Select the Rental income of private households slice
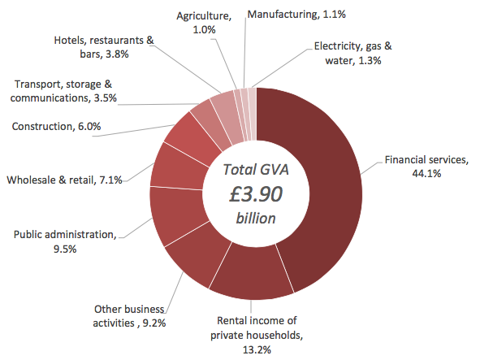pyautogui.click(x=252, y=273)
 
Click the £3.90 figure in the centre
pyautogui.click(x=256, y=194)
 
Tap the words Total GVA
pyautogui.click(x=256, y=169)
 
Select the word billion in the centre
pyautogui.click(x=256, y=219)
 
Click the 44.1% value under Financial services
pyautogui.click(x=426, y=174)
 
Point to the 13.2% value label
pyautogui.click(x=257, y=349)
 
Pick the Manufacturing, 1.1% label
pyautogui.click(x=296, y=15)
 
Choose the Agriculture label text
pyautogui.click(x=204, y=15)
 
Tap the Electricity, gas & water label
pyautogui.click(x=353, y=54)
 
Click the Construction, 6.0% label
pyautogui.click(x=56, y=126)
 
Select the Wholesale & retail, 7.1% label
pyautogui.click(x=64, y=180)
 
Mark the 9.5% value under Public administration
pyautogui.click(x=65, y=249)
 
